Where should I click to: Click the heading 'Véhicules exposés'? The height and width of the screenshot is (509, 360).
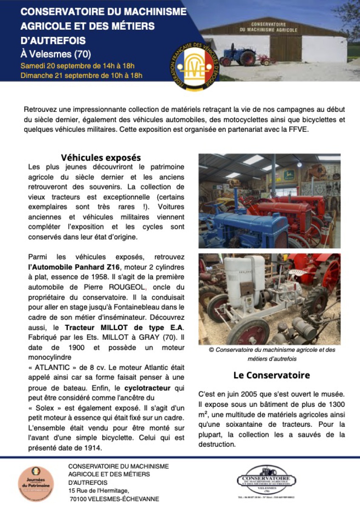[100, 158]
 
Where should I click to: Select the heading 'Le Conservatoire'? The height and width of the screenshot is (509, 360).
[271, 375]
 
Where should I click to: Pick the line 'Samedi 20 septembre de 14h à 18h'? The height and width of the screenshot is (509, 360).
[78, 66]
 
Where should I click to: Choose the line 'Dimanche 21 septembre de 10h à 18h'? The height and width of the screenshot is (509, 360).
[81, 76]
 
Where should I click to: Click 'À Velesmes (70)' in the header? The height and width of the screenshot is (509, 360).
[56, 54]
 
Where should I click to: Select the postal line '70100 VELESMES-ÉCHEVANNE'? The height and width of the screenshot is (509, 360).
[114, 499]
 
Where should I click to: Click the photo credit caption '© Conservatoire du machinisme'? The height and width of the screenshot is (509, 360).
[272, 354]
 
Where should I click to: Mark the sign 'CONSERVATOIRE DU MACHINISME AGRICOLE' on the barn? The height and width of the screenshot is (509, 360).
[274, 27]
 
